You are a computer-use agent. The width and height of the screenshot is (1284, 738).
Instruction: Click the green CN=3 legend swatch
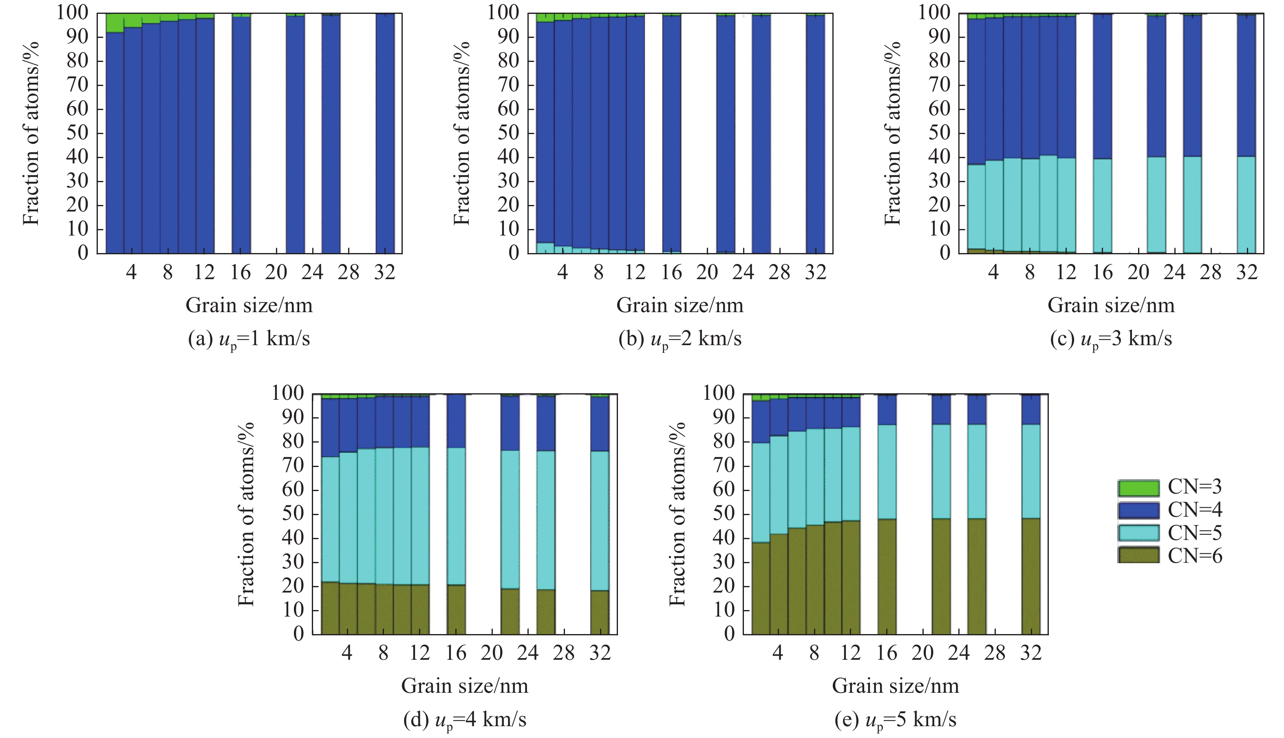1138,488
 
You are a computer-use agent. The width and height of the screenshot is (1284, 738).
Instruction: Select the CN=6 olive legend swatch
1138,555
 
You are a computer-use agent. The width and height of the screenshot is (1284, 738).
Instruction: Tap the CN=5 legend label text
1194,533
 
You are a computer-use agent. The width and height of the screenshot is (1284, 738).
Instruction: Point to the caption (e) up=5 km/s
895,719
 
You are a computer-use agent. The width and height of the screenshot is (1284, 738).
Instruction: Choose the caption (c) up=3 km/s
1111,339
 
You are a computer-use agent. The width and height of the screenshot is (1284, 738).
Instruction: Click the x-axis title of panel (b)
680,305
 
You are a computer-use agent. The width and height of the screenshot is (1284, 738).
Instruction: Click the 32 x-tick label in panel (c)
1246,273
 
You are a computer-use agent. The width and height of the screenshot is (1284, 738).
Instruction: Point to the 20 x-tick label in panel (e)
922,653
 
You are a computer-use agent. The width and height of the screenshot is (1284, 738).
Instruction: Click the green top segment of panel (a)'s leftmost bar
115,23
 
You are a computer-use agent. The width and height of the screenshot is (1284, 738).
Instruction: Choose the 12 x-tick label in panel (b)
635,273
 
